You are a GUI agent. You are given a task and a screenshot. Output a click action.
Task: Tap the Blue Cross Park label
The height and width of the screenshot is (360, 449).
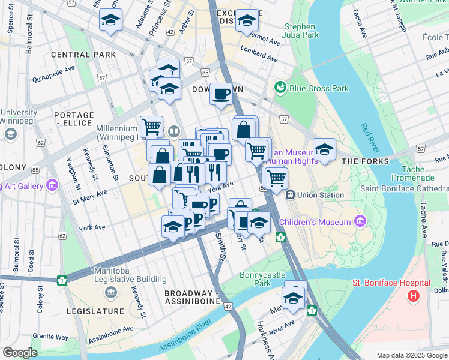318,88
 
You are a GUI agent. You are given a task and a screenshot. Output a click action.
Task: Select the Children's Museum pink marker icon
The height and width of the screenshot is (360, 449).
360,221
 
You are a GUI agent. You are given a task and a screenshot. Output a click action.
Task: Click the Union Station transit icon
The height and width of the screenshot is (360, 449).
290,194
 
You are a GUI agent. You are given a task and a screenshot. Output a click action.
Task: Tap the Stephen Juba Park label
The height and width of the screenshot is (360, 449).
300,31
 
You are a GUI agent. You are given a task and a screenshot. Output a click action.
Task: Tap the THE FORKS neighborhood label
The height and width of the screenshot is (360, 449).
365,161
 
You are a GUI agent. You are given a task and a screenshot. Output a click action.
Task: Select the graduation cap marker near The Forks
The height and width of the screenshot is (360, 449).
324,149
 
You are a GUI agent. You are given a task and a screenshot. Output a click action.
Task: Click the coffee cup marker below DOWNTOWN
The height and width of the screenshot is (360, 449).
221,94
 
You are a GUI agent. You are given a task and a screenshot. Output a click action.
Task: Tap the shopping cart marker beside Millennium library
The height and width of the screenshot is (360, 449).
152,127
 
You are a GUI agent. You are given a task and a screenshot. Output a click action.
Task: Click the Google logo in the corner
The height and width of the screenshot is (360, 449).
20,353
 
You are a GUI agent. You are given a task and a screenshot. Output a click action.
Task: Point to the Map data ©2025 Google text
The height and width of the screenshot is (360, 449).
411,355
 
